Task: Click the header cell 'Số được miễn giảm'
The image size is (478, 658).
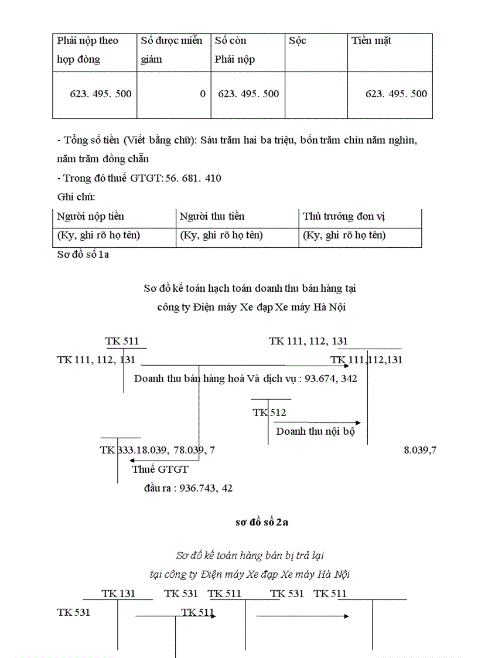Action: pos(172,50)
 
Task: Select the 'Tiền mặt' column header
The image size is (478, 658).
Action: pos(371,41)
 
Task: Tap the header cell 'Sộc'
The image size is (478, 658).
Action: pos(298,41)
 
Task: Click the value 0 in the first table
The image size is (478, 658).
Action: pos(203,94)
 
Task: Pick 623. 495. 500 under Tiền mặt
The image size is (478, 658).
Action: pos(396,94)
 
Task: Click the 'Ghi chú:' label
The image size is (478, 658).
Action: pos(76,197)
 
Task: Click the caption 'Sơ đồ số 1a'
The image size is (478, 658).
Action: pos(83,254)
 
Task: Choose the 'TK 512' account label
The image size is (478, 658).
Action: pos(269,412)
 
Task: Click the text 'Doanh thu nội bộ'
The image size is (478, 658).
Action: pos(315,431)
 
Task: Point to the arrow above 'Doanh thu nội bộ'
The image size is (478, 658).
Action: pos(334,422)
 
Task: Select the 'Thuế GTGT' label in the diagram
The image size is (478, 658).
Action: pos(160,469)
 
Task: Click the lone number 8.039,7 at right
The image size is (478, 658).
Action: pos(421,450)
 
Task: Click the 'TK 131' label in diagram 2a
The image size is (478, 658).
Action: pos(118,594)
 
